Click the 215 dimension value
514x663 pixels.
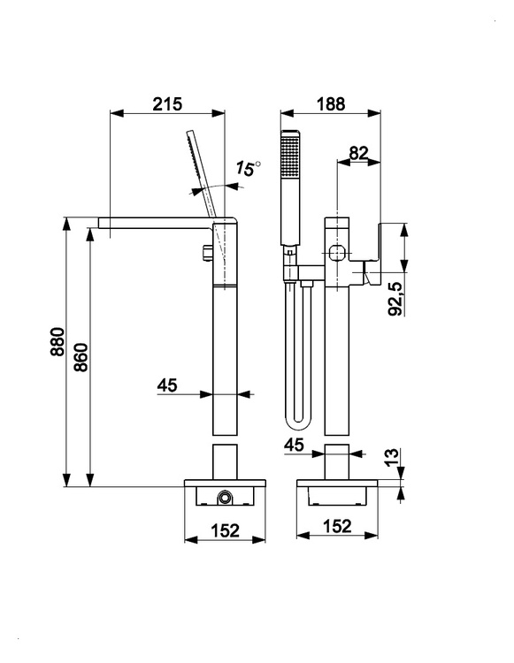click(x=167, y=104)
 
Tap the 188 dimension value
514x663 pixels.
click(x=331, y=104)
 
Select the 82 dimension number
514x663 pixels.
click(x=359, y=153)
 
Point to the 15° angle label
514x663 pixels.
click(x=248, y=168)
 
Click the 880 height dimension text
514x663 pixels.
click(x=58, y=341)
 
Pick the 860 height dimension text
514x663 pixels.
click(x=81, y=357)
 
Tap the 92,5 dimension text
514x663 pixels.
click(x=395, y=299)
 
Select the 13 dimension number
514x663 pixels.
click(x=392, y=456)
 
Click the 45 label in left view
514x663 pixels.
click(x=167, y=385)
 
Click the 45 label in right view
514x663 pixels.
click(x=294, y=445)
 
